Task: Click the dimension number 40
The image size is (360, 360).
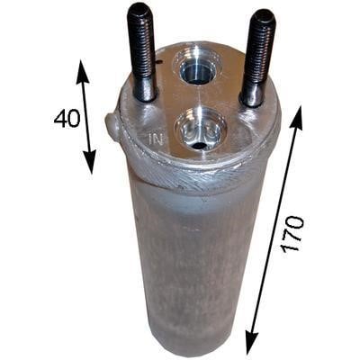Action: coord(67,118)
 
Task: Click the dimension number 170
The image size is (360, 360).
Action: coord(292,234)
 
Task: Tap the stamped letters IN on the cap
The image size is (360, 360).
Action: coord(156,139)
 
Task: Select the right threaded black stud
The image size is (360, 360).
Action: coord(257,58)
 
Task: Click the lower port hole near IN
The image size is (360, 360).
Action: coord(199,133)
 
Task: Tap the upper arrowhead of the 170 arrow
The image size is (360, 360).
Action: coord(296,118)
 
